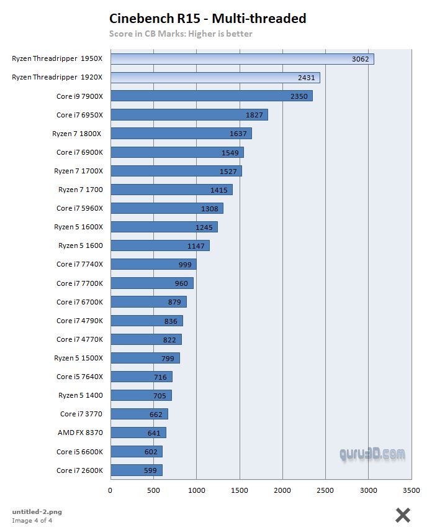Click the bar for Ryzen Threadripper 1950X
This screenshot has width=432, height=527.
pyautogui.click(x=242, y=59)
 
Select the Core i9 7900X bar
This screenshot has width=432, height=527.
pyautogui.click(x=211, y=96)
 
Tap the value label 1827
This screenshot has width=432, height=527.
pyautogui.click(x=255, y=115)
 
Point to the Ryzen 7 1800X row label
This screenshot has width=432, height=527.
pyautogui.click(x=78, y=134)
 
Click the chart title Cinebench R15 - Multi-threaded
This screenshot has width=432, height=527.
pyautogui.click(x=207, y=19)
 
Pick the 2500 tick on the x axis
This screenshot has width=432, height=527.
pyautogui.click(x=325, y=490)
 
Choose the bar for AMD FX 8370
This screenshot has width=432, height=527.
pyautogui.click(x=138, y=433)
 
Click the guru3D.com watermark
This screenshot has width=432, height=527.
pyautogui.click(x=372, y=454)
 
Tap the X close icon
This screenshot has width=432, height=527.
pyautogui.click(x=403, y=515)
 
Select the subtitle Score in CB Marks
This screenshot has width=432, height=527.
pyautogui.click(x=181, y=34)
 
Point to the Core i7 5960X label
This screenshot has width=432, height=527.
pyautogui.click(x=79, y=208)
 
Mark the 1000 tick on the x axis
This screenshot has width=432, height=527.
pyautogui.click(x=196, y=490)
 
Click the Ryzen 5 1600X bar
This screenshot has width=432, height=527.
pyautogui.click(x=164, y=227)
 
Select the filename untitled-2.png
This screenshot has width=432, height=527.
pyautogui.click(x=37, y=511)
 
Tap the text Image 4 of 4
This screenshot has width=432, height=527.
pyautogui.click(x=32, y=520)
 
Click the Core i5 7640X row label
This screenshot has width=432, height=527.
pyautogui.click(x=79, y=377)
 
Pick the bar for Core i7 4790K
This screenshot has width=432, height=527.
pyautogui.click(x=146, y=321)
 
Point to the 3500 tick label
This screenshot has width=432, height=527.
pyautogui.click(x=412, y=490)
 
